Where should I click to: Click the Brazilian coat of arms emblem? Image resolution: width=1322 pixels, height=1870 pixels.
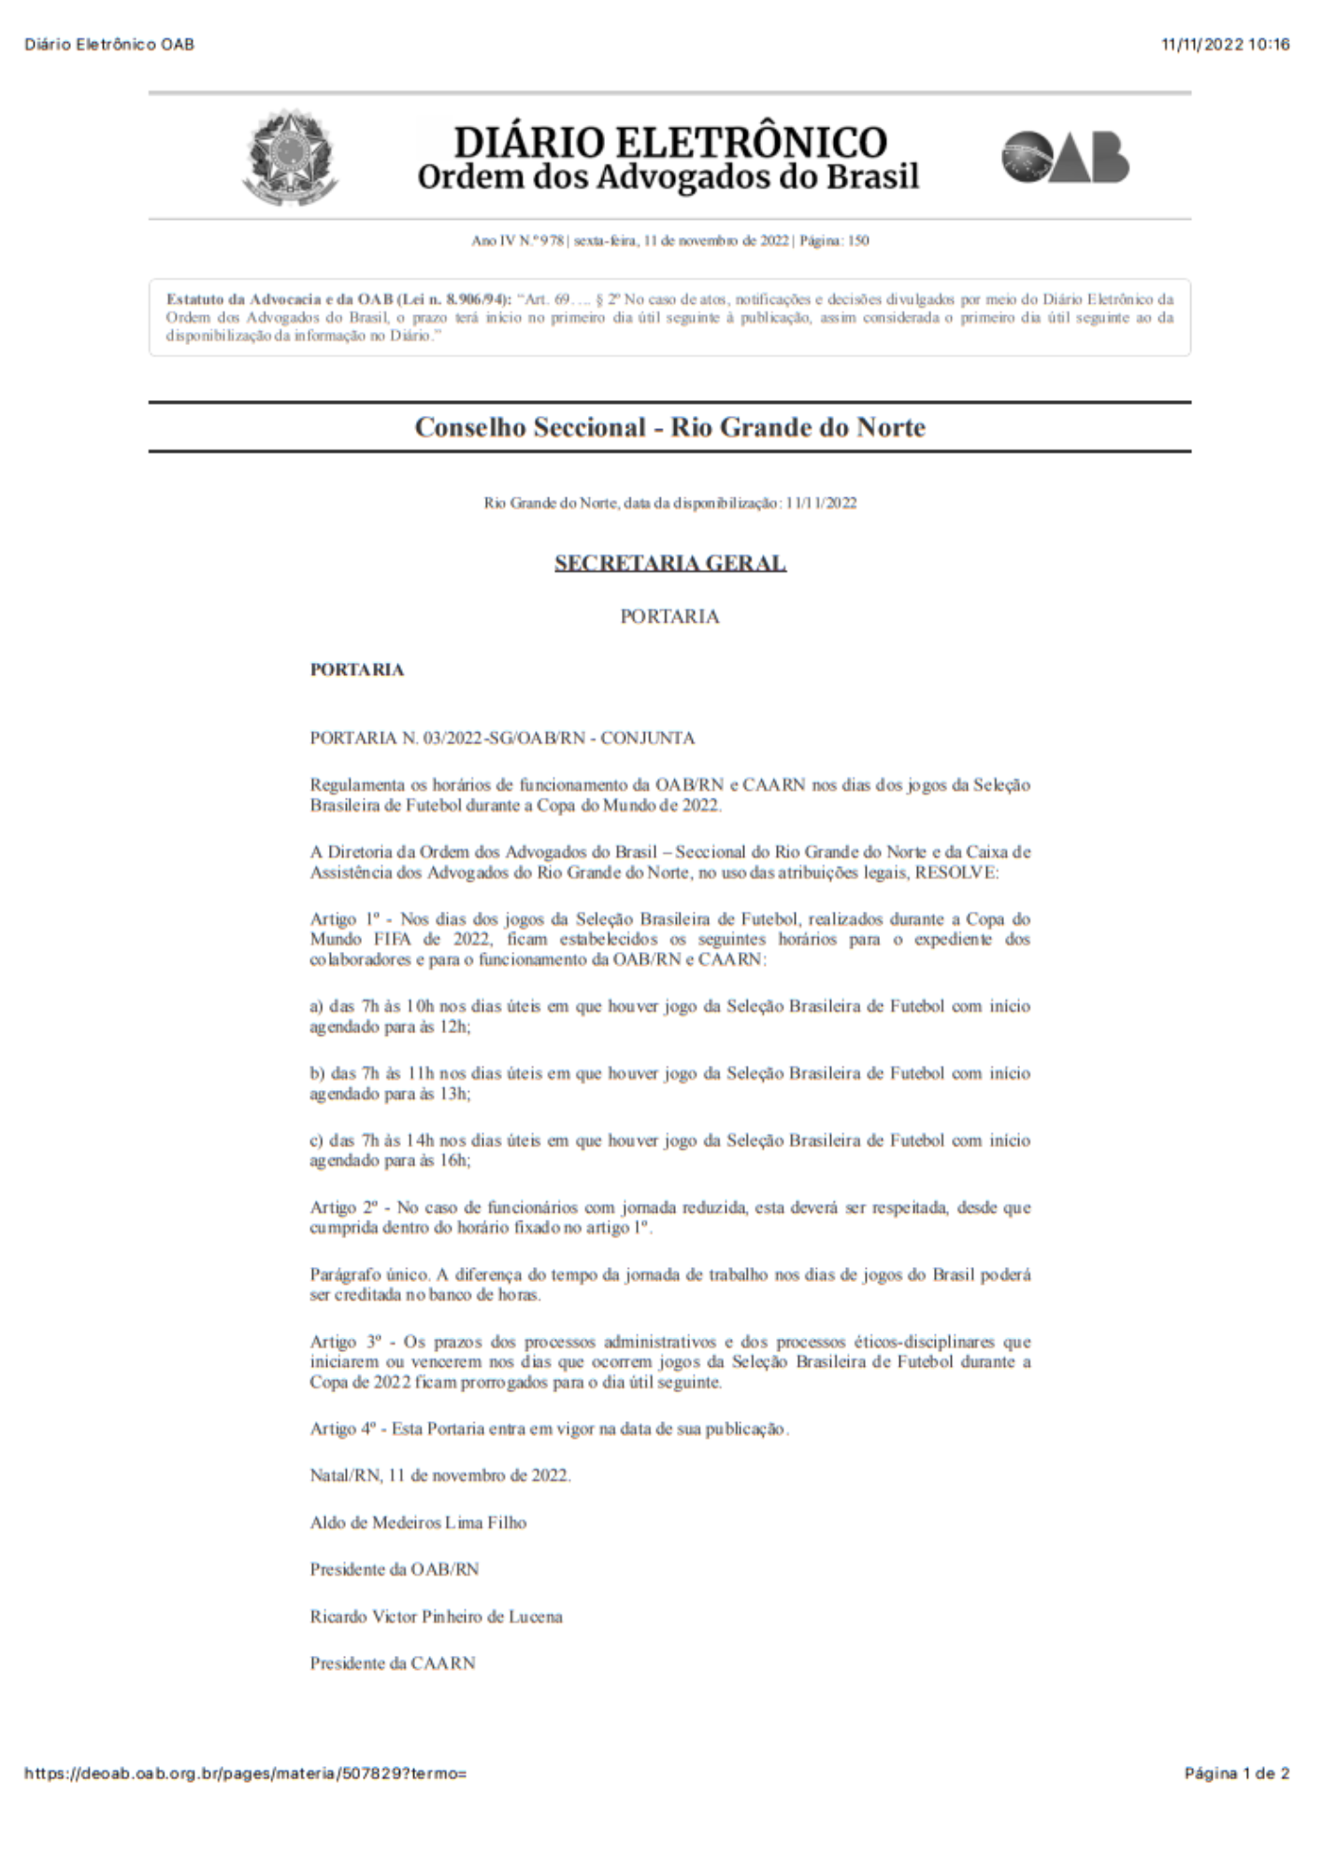click(x=290, y=157)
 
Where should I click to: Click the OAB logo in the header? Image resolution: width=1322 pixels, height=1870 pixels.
click(x=1065, y=157)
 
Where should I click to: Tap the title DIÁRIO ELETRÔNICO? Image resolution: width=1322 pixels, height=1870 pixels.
click(x=669, y=142)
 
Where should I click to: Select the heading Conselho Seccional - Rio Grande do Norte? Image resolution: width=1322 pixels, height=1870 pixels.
click(x=669, y=427)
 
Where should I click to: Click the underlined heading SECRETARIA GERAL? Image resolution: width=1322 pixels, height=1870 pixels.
click(x=669, y=563)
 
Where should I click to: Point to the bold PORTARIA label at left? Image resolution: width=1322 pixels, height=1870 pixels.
click(x=357, y=669)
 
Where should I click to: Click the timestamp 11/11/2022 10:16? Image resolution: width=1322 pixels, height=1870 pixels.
click(x=1225, y=44)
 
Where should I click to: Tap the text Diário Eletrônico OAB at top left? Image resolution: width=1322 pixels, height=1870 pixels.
click(x=109, y=44)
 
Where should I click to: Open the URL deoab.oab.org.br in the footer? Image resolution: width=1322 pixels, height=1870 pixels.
click(x=245, y=1773)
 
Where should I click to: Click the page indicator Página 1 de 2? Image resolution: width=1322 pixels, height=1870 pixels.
click(x=1236, y=1773)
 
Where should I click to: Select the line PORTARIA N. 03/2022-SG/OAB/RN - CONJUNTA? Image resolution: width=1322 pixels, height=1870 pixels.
click(x=502, y=738)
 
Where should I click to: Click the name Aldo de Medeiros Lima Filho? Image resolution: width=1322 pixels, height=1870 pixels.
click(x=418, y=1522)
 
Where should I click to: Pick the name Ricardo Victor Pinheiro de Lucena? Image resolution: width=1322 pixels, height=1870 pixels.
click(x=436, y=1616)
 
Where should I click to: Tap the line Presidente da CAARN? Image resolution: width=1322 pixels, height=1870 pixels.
click(x=393, y=1662)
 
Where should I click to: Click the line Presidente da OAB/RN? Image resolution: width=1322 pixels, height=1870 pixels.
click(x=394, y=1569)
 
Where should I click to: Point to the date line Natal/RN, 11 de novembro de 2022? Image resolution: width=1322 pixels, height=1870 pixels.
click(x=439, y=1475)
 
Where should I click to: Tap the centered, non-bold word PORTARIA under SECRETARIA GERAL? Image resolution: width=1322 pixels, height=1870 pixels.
click(x=669, y=616)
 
